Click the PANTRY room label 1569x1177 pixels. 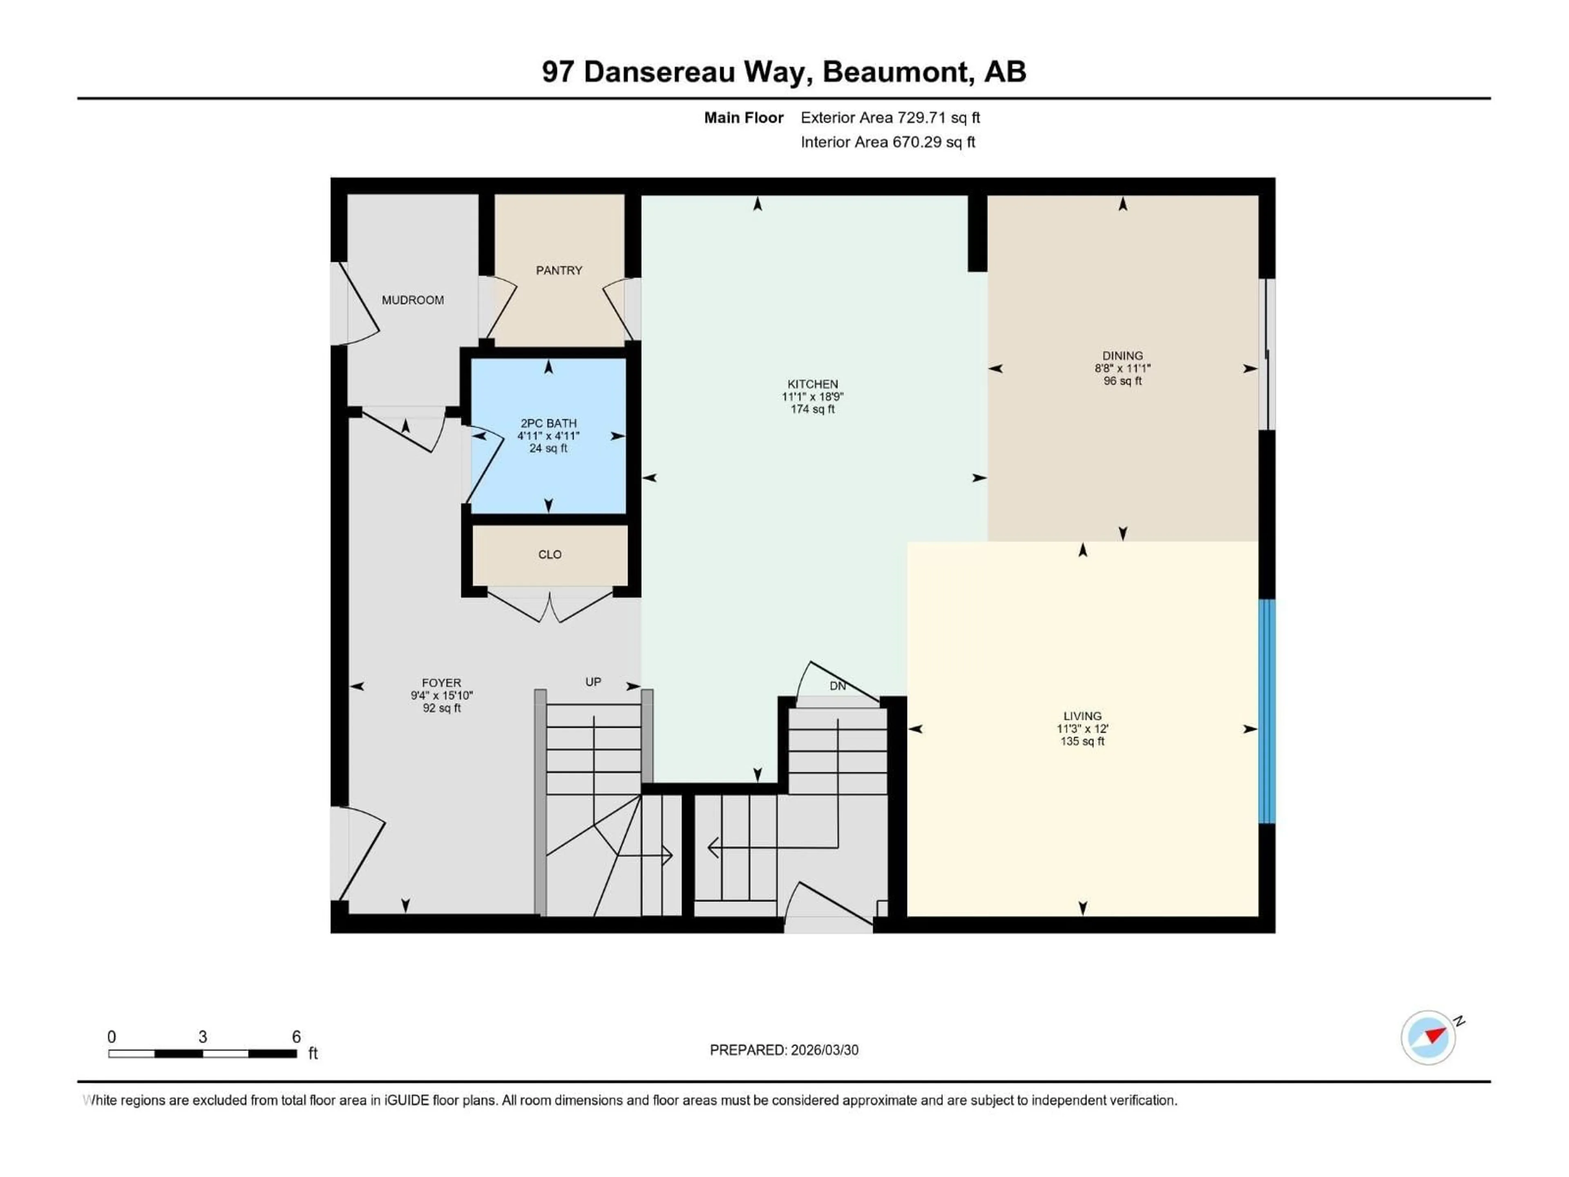coord(559,270)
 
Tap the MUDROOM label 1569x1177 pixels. coord(413,300)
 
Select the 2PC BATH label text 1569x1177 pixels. coord(548,423)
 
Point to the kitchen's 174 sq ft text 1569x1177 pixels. coord(812,409)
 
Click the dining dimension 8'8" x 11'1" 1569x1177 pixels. coord(1122,368)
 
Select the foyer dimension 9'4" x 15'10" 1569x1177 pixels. coord(441,696)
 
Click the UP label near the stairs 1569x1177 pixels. coord(593,682)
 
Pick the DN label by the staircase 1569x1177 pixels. coord(838,686)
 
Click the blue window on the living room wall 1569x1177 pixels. coord(1266,711)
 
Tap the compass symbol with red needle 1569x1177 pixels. coord(1428,1037)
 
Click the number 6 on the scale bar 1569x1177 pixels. coord(297,1036)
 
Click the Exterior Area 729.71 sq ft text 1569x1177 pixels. coord(890,118)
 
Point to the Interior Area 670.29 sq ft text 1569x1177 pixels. coord(887,142)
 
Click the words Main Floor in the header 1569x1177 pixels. coord(743,118)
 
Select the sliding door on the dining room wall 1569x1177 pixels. coord(1267,355)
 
